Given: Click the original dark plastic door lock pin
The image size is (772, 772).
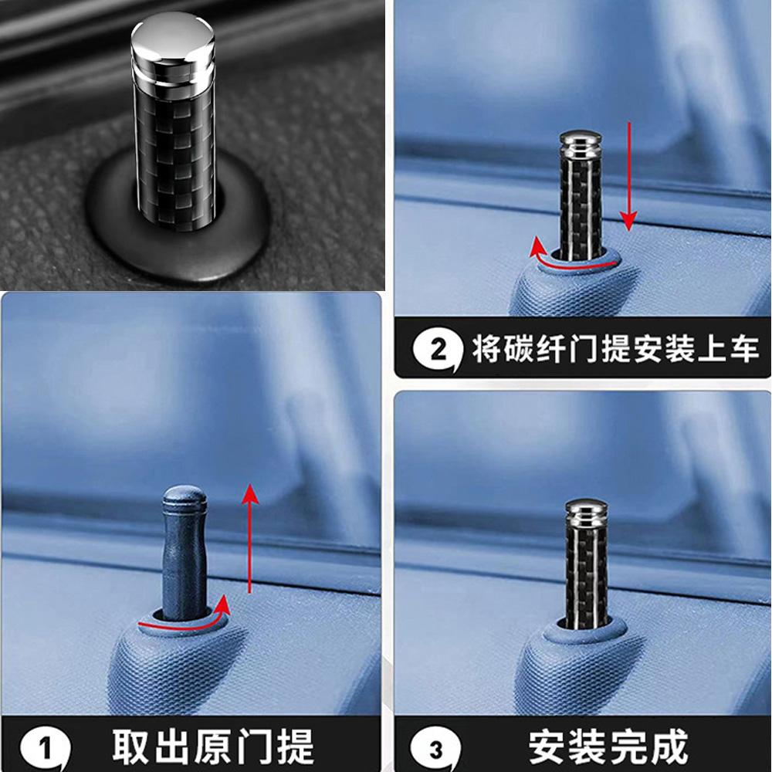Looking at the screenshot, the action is [185, 553].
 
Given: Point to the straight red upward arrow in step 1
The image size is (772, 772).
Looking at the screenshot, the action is [250, 539].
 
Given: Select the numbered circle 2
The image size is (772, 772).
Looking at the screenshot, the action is [438, 350].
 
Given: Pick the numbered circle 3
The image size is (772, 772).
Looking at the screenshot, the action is [435, 750].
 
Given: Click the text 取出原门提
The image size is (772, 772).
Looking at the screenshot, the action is [213, 747].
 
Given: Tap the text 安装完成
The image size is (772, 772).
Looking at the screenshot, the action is [608, 747].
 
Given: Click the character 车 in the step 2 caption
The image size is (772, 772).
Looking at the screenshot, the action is [744, 349].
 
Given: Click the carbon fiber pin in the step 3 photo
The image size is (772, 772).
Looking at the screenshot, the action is [586, 564].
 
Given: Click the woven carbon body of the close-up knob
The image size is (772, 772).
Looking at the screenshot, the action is [174, 147].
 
